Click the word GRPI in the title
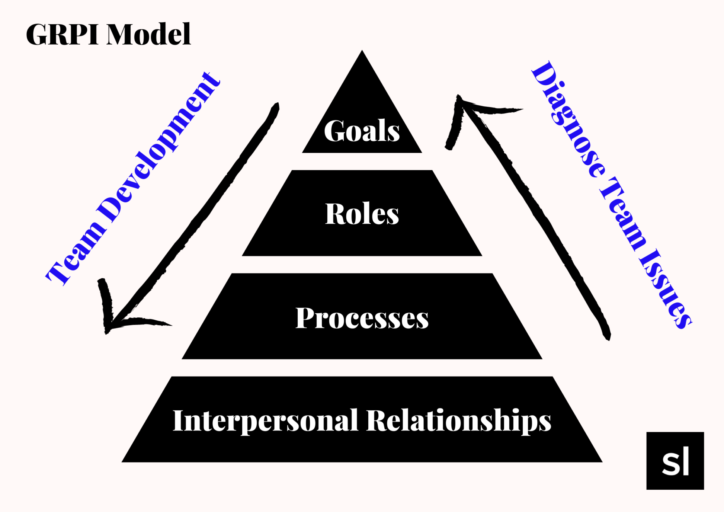click(x=62, y=34)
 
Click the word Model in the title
click(x=149, y=34)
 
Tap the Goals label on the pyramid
click(x=362, y=131)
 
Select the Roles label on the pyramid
click(x=362, y=214)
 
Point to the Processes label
click(x=362, y=318)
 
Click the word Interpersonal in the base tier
click(x=265, y=420)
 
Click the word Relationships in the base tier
click(x=458, y=420)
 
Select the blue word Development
click(x=160, y=149)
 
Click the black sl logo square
click(x=675, y=461)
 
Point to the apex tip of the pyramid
click(x=362, y=52)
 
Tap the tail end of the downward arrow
click(x=276, y=106)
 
